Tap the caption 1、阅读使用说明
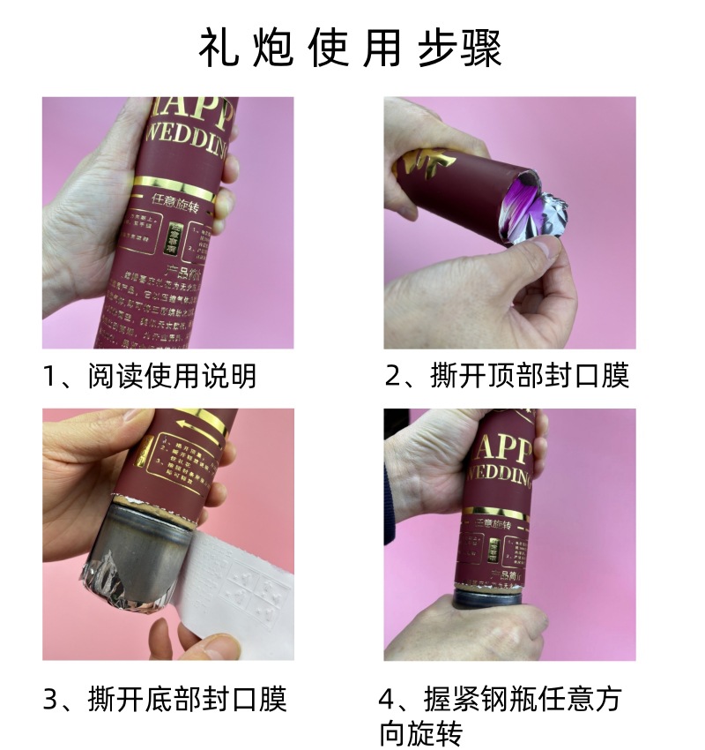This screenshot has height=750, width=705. pyautogui.click(x=149, y=376)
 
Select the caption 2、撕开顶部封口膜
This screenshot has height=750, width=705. pyautogui.click(x=507, y=376)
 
